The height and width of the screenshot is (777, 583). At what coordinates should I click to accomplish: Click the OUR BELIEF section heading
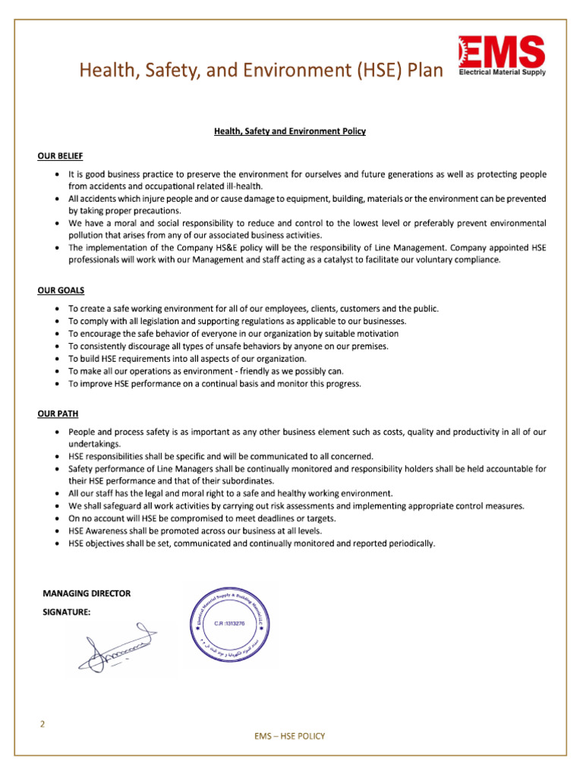60,156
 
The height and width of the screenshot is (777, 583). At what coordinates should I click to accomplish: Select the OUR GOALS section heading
60,290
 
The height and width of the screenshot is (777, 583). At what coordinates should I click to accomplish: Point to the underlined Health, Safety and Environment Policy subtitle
290,131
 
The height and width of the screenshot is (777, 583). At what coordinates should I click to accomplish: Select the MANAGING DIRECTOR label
86,593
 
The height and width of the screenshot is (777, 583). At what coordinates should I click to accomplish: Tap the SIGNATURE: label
66,612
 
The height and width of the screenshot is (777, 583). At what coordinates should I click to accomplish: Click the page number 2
43,724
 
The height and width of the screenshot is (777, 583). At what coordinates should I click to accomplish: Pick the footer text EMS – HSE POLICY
291,736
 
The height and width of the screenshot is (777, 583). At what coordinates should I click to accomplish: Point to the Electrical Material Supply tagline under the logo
501,74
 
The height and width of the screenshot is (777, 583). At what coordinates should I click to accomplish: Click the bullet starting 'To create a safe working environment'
254,309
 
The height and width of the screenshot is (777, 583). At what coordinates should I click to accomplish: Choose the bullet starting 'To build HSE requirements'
188,358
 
